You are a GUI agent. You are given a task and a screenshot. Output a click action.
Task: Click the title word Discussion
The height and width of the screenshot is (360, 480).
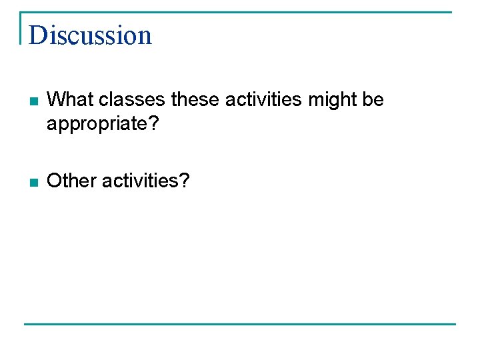91,35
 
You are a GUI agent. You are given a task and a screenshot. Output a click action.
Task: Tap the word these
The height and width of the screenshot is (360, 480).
196,100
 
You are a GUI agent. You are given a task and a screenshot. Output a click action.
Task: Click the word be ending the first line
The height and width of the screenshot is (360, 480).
374,100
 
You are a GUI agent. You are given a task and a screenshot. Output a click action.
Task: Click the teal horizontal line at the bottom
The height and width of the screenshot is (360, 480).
240,324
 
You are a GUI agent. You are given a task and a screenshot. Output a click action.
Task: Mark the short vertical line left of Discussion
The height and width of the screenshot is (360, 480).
21,28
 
